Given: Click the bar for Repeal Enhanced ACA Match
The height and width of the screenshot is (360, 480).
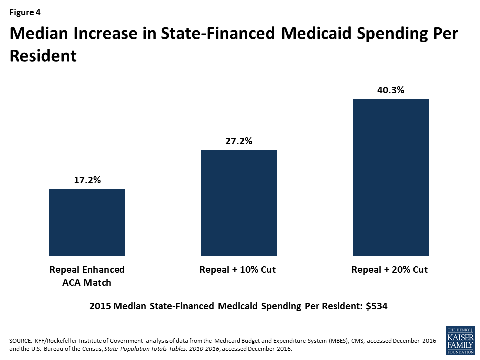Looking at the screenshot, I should [87, 222].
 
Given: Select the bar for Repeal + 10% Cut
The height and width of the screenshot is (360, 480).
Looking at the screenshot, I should [239, 203].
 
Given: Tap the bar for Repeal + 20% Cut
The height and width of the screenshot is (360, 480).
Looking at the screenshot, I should [391, 177].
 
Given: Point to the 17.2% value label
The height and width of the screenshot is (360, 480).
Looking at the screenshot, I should [87, 180].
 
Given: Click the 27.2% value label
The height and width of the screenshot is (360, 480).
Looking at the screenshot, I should [239, 141].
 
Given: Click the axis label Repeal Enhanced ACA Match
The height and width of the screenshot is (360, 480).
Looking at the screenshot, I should [87, 276].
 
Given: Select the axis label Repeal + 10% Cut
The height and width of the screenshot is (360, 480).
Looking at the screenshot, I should [238, 270].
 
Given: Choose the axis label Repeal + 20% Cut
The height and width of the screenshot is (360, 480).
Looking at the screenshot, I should [390, 270].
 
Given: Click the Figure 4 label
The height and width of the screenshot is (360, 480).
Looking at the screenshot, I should [24, 12].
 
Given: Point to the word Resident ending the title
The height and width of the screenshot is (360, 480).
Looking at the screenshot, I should [43, 55].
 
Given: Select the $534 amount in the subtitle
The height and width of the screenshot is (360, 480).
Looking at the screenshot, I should [377, 306].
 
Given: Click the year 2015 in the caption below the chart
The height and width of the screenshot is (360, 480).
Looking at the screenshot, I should [99, 306].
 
